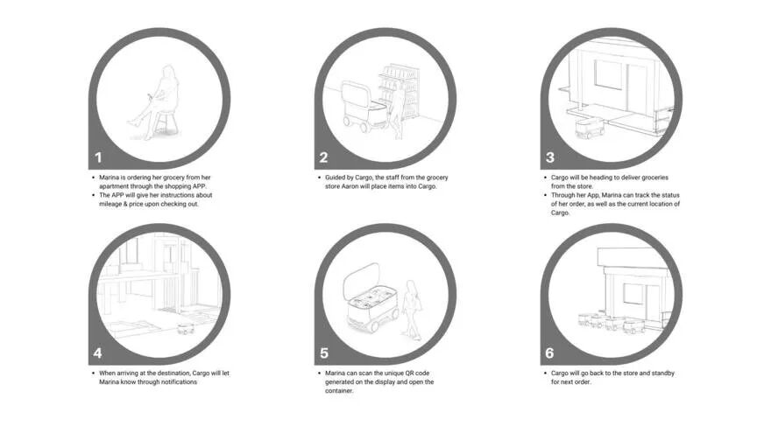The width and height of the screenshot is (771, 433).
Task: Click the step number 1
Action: point(98,157)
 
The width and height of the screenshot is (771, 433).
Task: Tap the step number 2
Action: point(323,157)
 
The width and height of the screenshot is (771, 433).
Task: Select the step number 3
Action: point(550,157)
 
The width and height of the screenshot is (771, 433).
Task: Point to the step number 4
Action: point(98,353)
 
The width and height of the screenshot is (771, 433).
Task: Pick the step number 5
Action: point(324,353)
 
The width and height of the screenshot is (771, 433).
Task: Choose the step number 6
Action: point(549,353)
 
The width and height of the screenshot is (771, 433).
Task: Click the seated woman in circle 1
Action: point(156,101)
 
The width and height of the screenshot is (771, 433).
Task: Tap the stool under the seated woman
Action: point(166,122)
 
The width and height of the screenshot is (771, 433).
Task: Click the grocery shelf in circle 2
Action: point(400,91)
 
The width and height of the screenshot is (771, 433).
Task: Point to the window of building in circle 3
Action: point(608,74)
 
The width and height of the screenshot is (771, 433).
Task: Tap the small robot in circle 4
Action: point(186,328)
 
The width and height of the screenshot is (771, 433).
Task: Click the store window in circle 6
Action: point(633,293)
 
